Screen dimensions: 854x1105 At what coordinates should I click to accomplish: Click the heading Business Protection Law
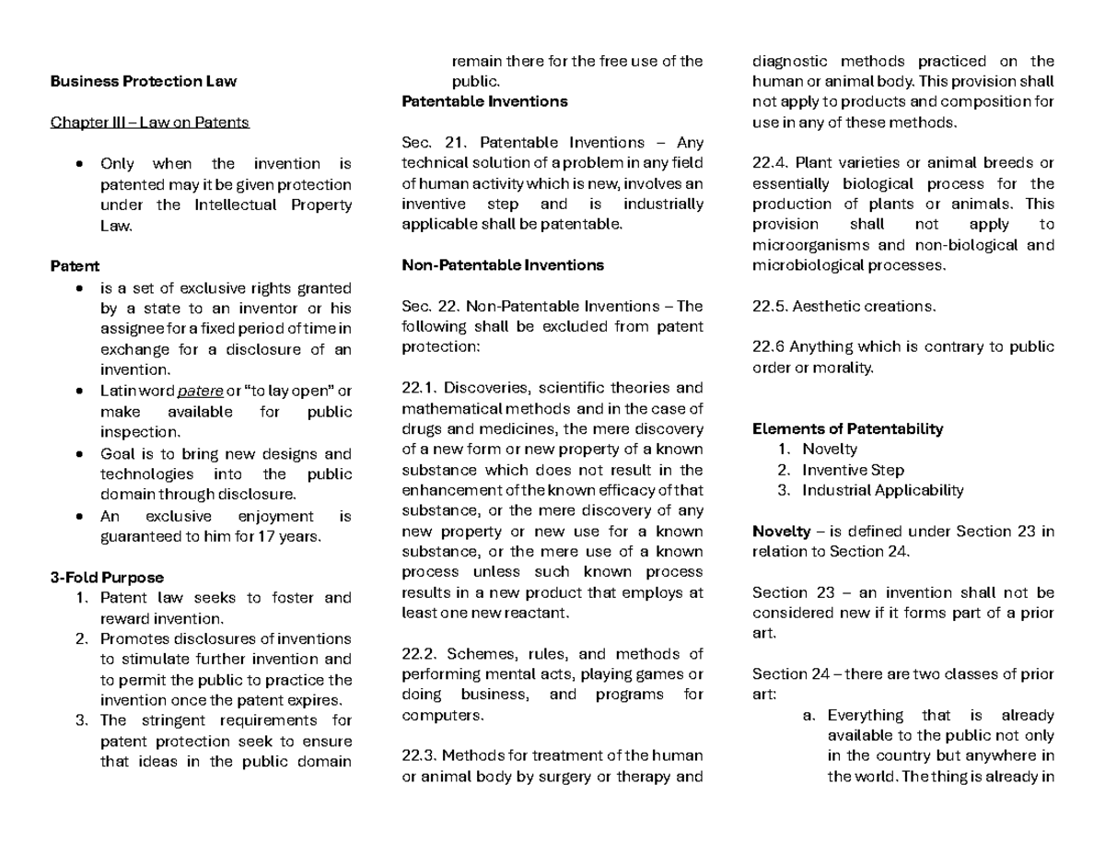(144, 81)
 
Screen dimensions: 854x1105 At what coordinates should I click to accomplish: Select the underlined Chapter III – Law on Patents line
(149, 123)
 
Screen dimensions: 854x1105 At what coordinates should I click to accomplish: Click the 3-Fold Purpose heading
(108, 578)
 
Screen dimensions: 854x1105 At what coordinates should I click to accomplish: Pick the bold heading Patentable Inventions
(484, 101)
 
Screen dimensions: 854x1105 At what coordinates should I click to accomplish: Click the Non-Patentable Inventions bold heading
(503, 265)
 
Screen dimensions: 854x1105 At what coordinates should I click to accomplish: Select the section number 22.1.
(422, 388)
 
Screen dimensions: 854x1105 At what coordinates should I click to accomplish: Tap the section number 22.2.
(422, 654)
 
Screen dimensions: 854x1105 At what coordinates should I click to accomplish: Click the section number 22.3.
(422, 756)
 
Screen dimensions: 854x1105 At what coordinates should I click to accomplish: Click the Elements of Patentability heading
(847, 428)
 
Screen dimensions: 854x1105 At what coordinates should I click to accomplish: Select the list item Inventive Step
(853, 470)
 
